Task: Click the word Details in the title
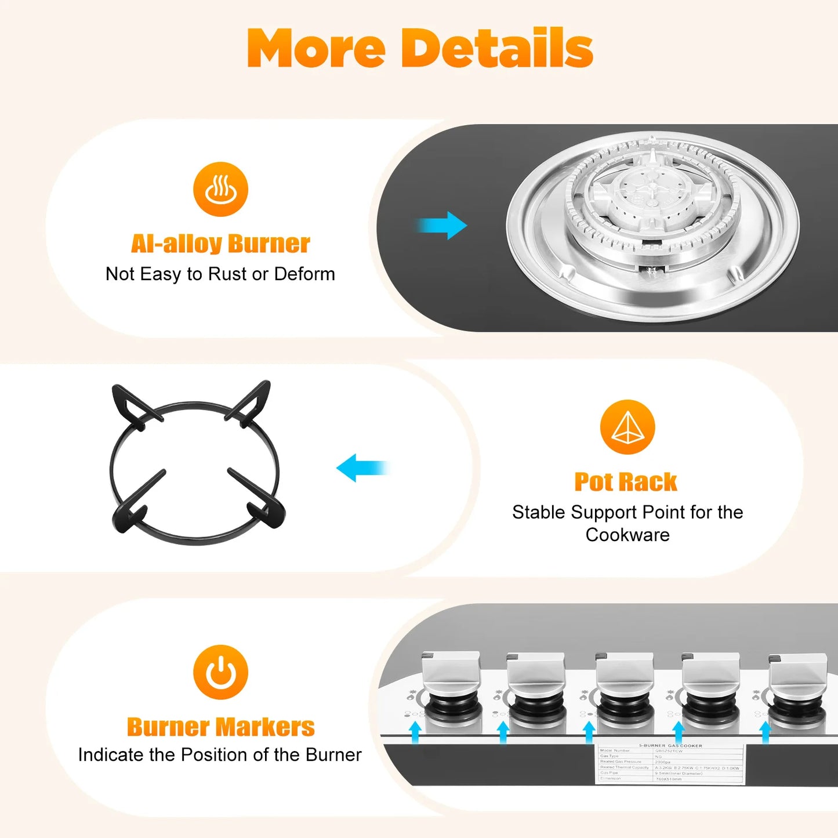[497, 48]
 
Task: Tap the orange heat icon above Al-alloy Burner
[220, 189]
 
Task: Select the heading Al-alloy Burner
[220, 244]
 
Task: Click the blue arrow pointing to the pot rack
[362, 467]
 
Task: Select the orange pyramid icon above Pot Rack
[627, 427]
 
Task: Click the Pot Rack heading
[626, 482]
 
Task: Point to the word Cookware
[627, 535]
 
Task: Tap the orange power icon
[220, 672]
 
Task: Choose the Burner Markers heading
[220, 727]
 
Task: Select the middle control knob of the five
[625, 675]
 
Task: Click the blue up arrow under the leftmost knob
[415, 732]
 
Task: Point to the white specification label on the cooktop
[670, 763]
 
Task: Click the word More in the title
[316, 48]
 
